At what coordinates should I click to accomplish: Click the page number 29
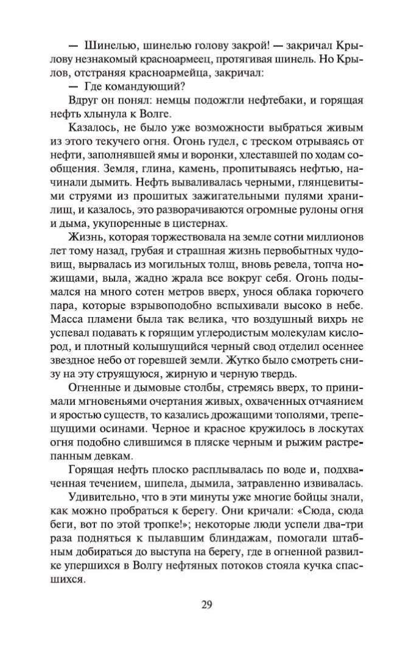coord(206,605)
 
